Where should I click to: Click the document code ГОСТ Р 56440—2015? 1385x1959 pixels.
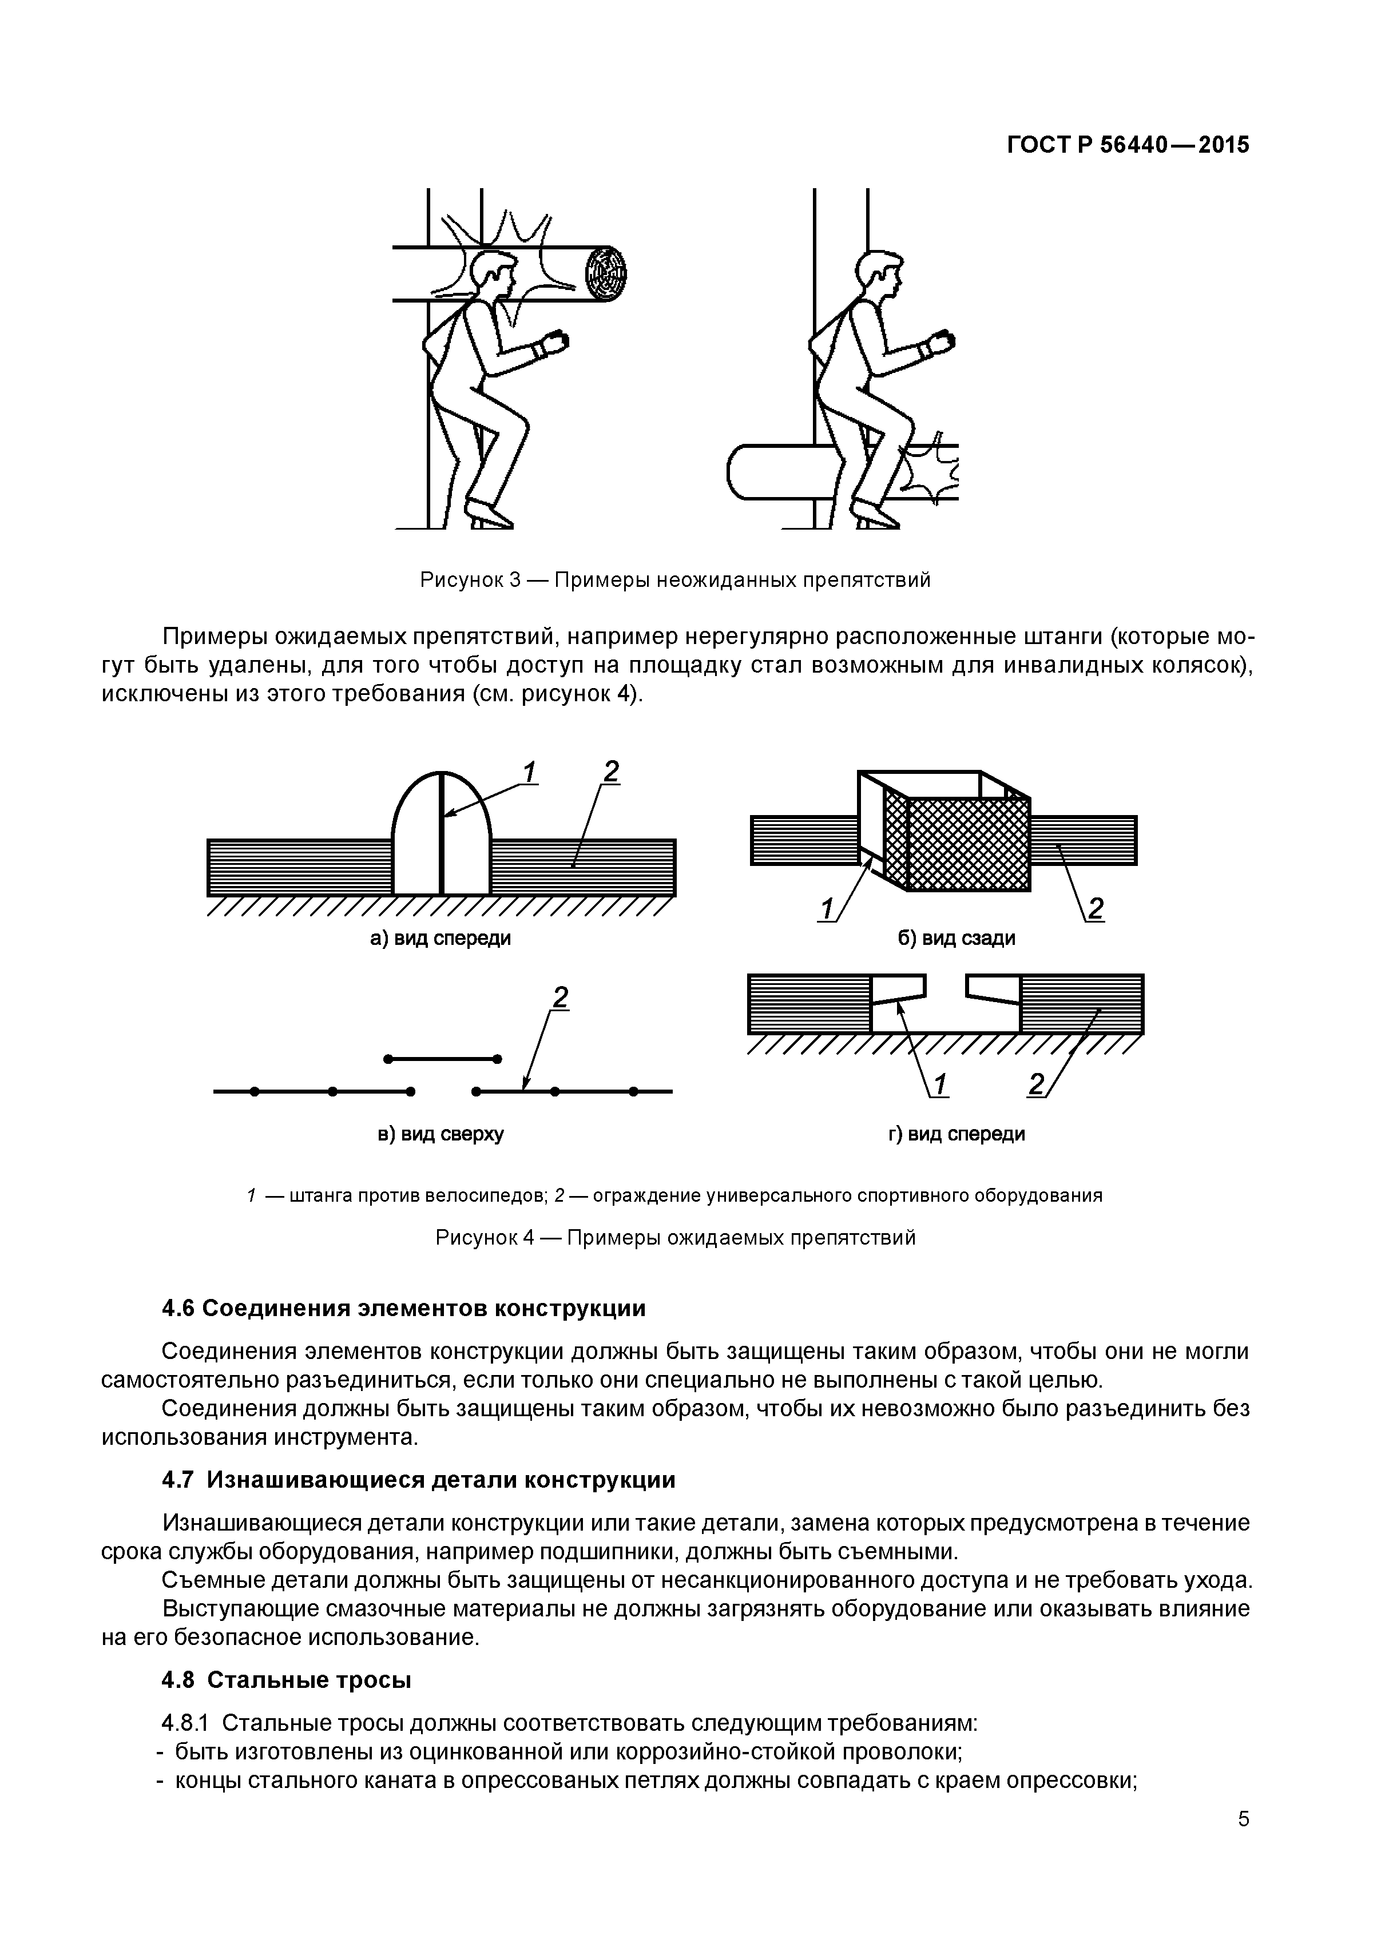(1128, 145)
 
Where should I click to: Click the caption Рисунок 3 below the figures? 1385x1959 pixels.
(674, 580)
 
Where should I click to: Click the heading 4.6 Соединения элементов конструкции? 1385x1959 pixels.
(404, 1308)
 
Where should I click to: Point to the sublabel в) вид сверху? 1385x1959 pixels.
(440, 1134)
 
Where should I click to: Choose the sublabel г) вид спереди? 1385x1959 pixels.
(956, 1134)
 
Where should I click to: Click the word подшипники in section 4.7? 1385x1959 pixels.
(586, 1550)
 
